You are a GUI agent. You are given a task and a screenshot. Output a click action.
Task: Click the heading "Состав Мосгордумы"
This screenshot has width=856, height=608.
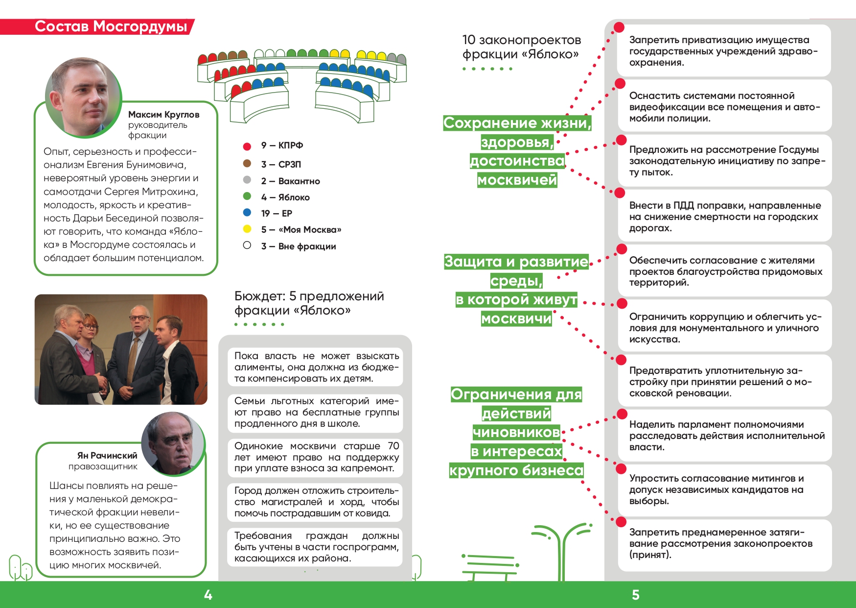[x=111, y=26]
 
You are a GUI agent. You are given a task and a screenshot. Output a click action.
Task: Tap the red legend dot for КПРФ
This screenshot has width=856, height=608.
[x=247, y=146]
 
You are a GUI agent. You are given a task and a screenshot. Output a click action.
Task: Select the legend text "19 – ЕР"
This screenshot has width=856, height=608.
[x=277, y=214]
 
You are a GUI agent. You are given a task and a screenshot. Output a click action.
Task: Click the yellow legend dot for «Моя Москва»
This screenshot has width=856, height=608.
[x=247, y=229]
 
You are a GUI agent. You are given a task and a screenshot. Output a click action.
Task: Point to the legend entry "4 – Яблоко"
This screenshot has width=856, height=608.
[x=285, y=197]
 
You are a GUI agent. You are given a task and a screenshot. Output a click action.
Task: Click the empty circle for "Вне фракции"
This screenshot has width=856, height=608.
[x=247, y=245]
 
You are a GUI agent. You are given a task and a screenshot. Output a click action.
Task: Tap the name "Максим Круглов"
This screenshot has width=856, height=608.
[x=163, y=115]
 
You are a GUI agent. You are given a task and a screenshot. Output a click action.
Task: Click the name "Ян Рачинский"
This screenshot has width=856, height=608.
[x=107, y=456]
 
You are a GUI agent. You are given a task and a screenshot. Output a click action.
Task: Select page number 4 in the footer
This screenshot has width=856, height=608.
[x=208, y=595]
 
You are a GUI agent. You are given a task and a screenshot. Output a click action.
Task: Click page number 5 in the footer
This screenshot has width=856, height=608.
[x=635, y=595]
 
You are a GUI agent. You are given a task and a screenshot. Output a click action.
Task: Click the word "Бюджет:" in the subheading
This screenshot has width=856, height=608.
[x=260, y=296]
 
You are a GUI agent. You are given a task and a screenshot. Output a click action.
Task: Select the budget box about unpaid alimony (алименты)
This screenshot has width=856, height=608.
[x=316, y=367]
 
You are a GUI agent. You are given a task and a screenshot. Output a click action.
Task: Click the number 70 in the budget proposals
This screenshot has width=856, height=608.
[x=393, y=446]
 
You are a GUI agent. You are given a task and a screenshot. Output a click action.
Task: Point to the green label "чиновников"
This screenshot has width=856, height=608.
[x=516, y=432]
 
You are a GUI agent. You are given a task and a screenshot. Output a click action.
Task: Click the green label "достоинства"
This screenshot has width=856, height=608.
[x=517, y=161]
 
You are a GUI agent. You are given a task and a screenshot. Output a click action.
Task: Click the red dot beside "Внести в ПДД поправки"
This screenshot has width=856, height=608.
[x=620, y=193]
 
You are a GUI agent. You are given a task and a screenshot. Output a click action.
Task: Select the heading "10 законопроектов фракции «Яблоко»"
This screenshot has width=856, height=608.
[x=521, y=47]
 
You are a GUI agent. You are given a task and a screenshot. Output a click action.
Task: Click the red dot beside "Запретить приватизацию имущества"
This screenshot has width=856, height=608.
[x=619, y=27]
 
